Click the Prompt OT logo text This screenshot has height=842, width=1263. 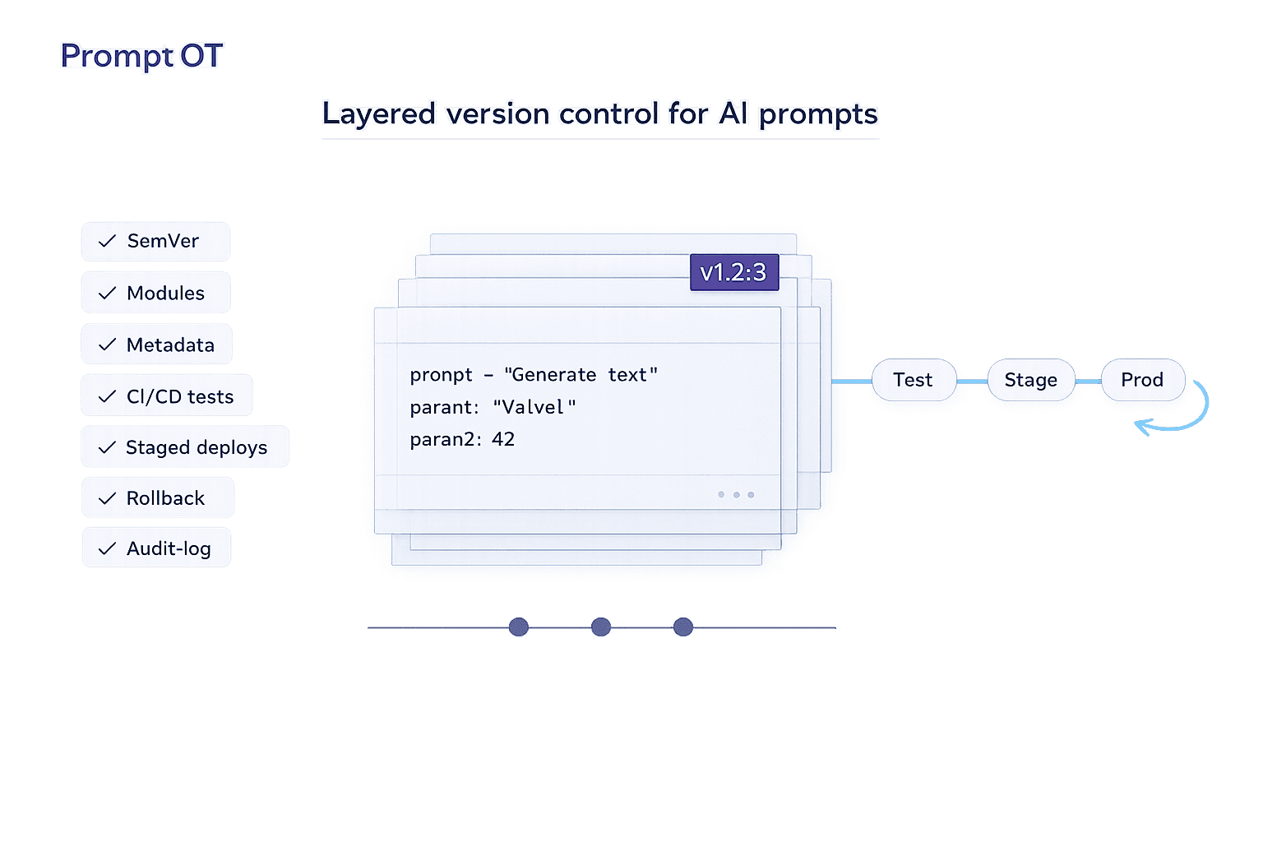(141, 56)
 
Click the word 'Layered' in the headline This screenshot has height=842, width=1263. (378, 114)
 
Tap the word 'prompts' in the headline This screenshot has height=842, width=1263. (818, 114)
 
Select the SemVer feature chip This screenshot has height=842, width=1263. (155, 242)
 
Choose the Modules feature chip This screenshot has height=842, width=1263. (155, 293)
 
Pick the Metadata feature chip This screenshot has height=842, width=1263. (156, 345)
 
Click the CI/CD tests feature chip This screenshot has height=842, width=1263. (167, 396)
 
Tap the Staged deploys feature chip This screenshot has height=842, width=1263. (185, 447)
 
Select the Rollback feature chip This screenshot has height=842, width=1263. (157, 498)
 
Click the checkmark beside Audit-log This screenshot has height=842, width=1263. (107, 548)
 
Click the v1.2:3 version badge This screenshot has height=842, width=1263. (733, 272)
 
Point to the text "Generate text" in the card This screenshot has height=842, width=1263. (581, 375)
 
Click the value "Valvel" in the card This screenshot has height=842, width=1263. (534, 407)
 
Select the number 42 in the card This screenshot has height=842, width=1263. (503, 439)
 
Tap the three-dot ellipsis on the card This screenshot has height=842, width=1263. (736, 494)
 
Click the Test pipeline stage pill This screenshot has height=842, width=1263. (913, 380)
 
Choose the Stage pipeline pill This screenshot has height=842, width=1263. (1030, 380)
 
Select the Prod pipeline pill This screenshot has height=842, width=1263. (1142, 380)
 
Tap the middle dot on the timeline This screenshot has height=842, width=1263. (601, 627)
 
